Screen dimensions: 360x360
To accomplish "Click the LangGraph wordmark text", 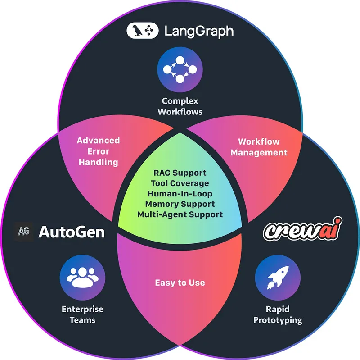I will coord(198,31).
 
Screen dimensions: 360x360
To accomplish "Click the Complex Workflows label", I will coord(180,106).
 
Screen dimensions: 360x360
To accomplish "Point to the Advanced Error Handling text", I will coord(98,151).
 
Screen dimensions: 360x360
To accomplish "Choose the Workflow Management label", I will coord(259,147).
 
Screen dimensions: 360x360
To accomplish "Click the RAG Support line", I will coord(180,173).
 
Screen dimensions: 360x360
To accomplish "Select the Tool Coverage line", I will coord(180,183).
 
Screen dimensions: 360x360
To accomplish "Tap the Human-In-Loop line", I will coord(180,193).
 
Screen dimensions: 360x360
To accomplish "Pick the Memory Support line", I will coord(180,204).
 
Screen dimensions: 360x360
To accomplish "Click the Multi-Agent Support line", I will coord(180,214).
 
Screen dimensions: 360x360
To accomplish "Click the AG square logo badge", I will coord(23,232).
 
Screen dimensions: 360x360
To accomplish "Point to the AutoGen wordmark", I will coord(72,232).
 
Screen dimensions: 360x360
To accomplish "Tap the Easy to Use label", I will coord(180,283).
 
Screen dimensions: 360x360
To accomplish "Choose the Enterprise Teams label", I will coord(82,314).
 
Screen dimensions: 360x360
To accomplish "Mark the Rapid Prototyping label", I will coord(277,314).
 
